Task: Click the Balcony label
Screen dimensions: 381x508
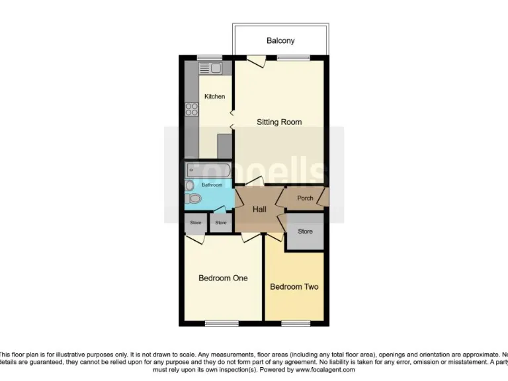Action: pos(280,41)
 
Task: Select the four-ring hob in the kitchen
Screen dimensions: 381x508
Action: pos(192,110)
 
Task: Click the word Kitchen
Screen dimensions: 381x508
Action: pos(214,97)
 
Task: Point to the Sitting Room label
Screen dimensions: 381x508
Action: pos(279,122)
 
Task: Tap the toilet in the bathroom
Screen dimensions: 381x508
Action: pos(193,198)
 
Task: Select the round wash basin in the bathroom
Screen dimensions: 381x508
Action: pos(189,185)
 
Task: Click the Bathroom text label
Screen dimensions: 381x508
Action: pos(212,185)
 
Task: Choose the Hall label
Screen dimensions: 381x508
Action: pos(259,209)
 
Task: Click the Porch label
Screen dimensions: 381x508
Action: pos(305,198)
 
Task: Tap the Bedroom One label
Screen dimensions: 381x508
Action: pos(223,278)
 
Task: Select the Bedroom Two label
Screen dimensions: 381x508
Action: pos(294,287)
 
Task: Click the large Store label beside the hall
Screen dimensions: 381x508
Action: pos(305,232)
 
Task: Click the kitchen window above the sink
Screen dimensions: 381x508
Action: pos(210,58)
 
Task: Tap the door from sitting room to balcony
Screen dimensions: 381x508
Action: pos(256,61)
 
